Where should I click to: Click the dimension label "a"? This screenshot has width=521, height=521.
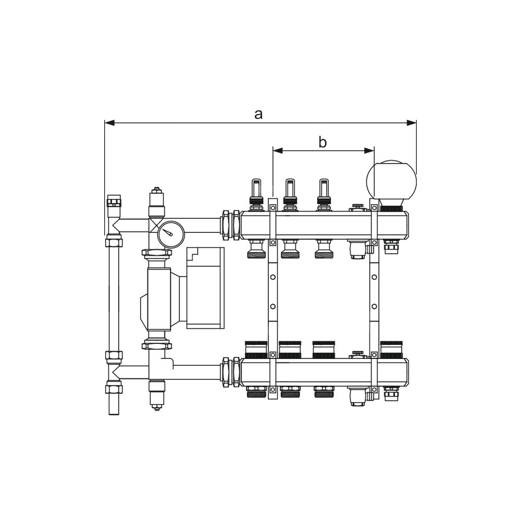[258, 115]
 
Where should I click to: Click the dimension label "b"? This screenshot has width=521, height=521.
[322, 142]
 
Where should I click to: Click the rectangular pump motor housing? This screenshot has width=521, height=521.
[205, 288]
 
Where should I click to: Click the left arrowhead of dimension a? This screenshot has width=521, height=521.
[109, 123]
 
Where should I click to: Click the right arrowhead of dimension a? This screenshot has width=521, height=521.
[412, 123]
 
